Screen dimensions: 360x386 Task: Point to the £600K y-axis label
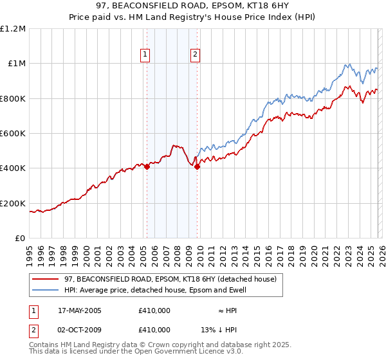[13, 134]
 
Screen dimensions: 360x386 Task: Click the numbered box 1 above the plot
[146, 55]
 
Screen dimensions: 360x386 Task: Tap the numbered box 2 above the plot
[195, 55]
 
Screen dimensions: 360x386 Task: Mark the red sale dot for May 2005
[147, 166]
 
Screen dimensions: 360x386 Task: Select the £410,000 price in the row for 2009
[154, 330]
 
